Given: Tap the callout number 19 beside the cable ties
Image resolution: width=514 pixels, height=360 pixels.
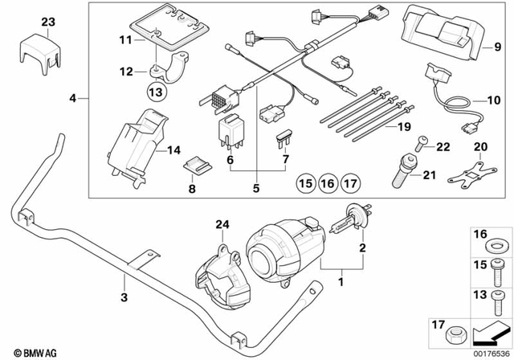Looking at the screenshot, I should (x=402, y=127).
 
